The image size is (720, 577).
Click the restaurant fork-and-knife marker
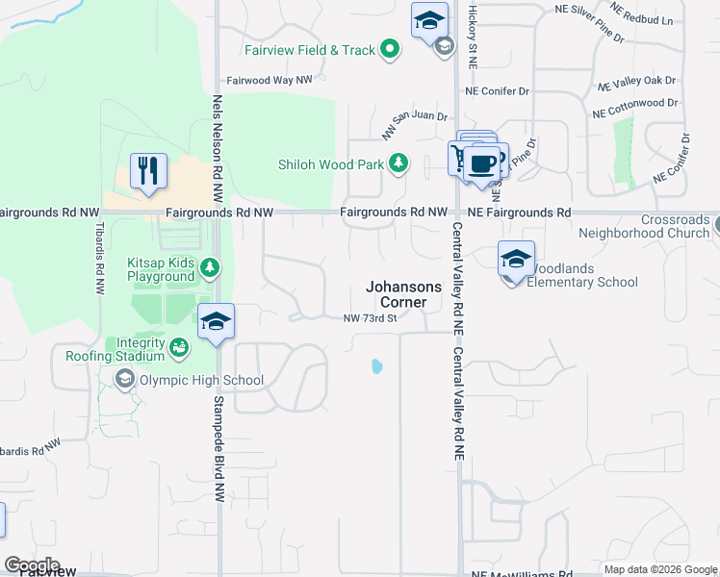pyautogui.click(x=148, y=171)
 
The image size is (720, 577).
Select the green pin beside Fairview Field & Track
pyautogui.click(x=389, y=49)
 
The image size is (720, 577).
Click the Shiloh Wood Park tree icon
pyautogui.click(x=399, y=164)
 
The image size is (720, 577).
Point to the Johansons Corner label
pyautogui.click(x=404, y=294)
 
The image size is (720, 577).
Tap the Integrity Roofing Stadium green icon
pyautogui.click(x=178, y=346)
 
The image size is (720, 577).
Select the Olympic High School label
pyautogui.click(x=201, y=380)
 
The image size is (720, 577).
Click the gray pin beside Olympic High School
pyautogui.click(x=124, y=380)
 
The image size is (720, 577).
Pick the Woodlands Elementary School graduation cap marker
pyautogui.click(x=516, y=259)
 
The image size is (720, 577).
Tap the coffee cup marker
pyautogui.click(x=483, y=162)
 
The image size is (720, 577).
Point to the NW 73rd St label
pyautogui.click(x=371, y=319)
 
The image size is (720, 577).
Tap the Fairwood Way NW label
pyautogui.click(x=270, y=81)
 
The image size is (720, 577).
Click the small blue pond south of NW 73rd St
pyautogui.click(x=376, y=366)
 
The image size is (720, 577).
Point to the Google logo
pyautogui.click(x=32, y=564)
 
